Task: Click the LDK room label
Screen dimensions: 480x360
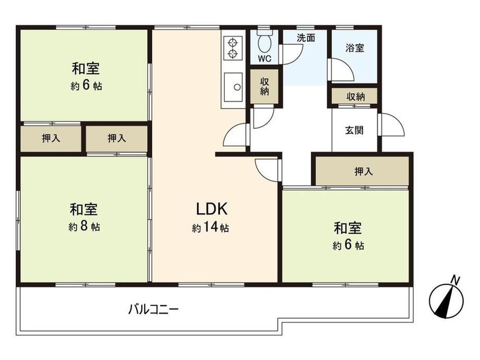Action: point(211,209)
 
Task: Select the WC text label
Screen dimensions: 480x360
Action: point(265,59)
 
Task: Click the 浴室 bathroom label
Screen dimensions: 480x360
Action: point(355,48)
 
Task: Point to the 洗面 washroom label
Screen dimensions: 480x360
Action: point(306,38)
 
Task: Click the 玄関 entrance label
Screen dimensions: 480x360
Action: point(354,130)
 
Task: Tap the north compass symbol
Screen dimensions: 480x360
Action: point(446,300)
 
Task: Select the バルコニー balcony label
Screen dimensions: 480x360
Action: point(153,309)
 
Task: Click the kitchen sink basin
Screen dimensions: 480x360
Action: point(233,87)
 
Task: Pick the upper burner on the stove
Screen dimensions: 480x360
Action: point(233,42)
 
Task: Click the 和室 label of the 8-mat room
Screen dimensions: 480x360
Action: point(83,210)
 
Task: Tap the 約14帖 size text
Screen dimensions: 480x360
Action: point(210,227)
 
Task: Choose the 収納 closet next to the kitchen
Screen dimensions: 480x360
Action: point(265,86)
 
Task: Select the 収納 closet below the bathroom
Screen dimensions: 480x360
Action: point(354,97)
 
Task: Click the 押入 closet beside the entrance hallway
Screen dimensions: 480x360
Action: point(363,171)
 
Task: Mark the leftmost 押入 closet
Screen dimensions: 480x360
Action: point(51,138)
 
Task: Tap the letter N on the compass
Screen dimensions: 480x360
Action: point(456,280)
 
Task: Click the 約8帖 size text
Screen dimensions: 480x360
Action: point(83,226)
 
